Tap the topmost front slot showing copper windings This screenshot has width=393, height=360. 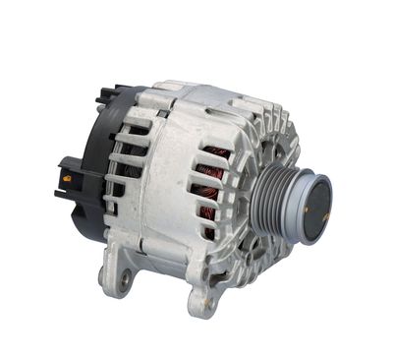coord(215,155)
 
